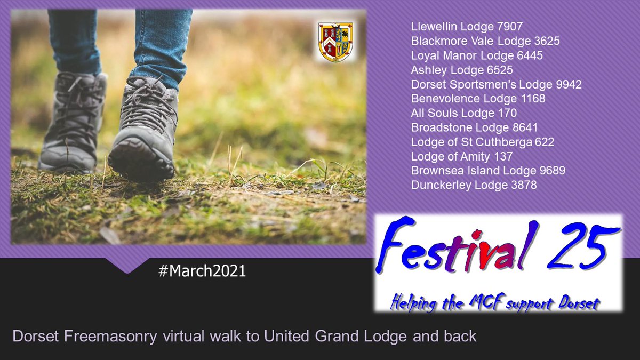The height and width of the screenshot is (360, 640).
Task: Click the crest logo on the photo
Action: click(335, 41)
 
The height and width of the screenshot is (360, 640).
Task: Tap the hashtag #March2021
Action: click(202, 271)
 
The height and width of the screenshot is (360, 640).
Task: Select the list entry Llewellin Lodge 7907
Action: click(467, 26)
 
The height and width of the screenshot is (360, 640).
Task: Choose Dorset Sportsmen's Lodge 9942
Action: click(496, 84)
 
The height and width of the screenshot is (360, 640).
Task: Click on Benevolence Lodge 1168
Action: click(478, 99)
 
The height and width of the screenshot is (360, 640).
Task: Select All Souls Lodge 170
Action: click(463, 113)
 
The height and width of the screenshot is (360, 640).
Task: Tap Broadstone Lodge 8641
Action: click(474, 127)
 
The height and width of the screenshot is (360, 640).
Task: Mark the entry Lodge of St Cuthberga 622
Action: click(483, 142)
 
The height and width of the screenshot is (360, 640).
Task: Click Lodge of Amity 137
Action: click(461, 157)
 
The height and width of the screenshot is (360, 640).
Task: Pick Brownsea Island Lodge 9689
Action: click(488, 171)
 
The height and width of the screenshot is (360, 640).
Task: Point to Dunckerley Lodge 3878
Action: click(474, 186)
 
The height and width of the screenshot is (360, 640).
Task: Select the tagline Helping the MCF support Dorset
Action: click(495, 302)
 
